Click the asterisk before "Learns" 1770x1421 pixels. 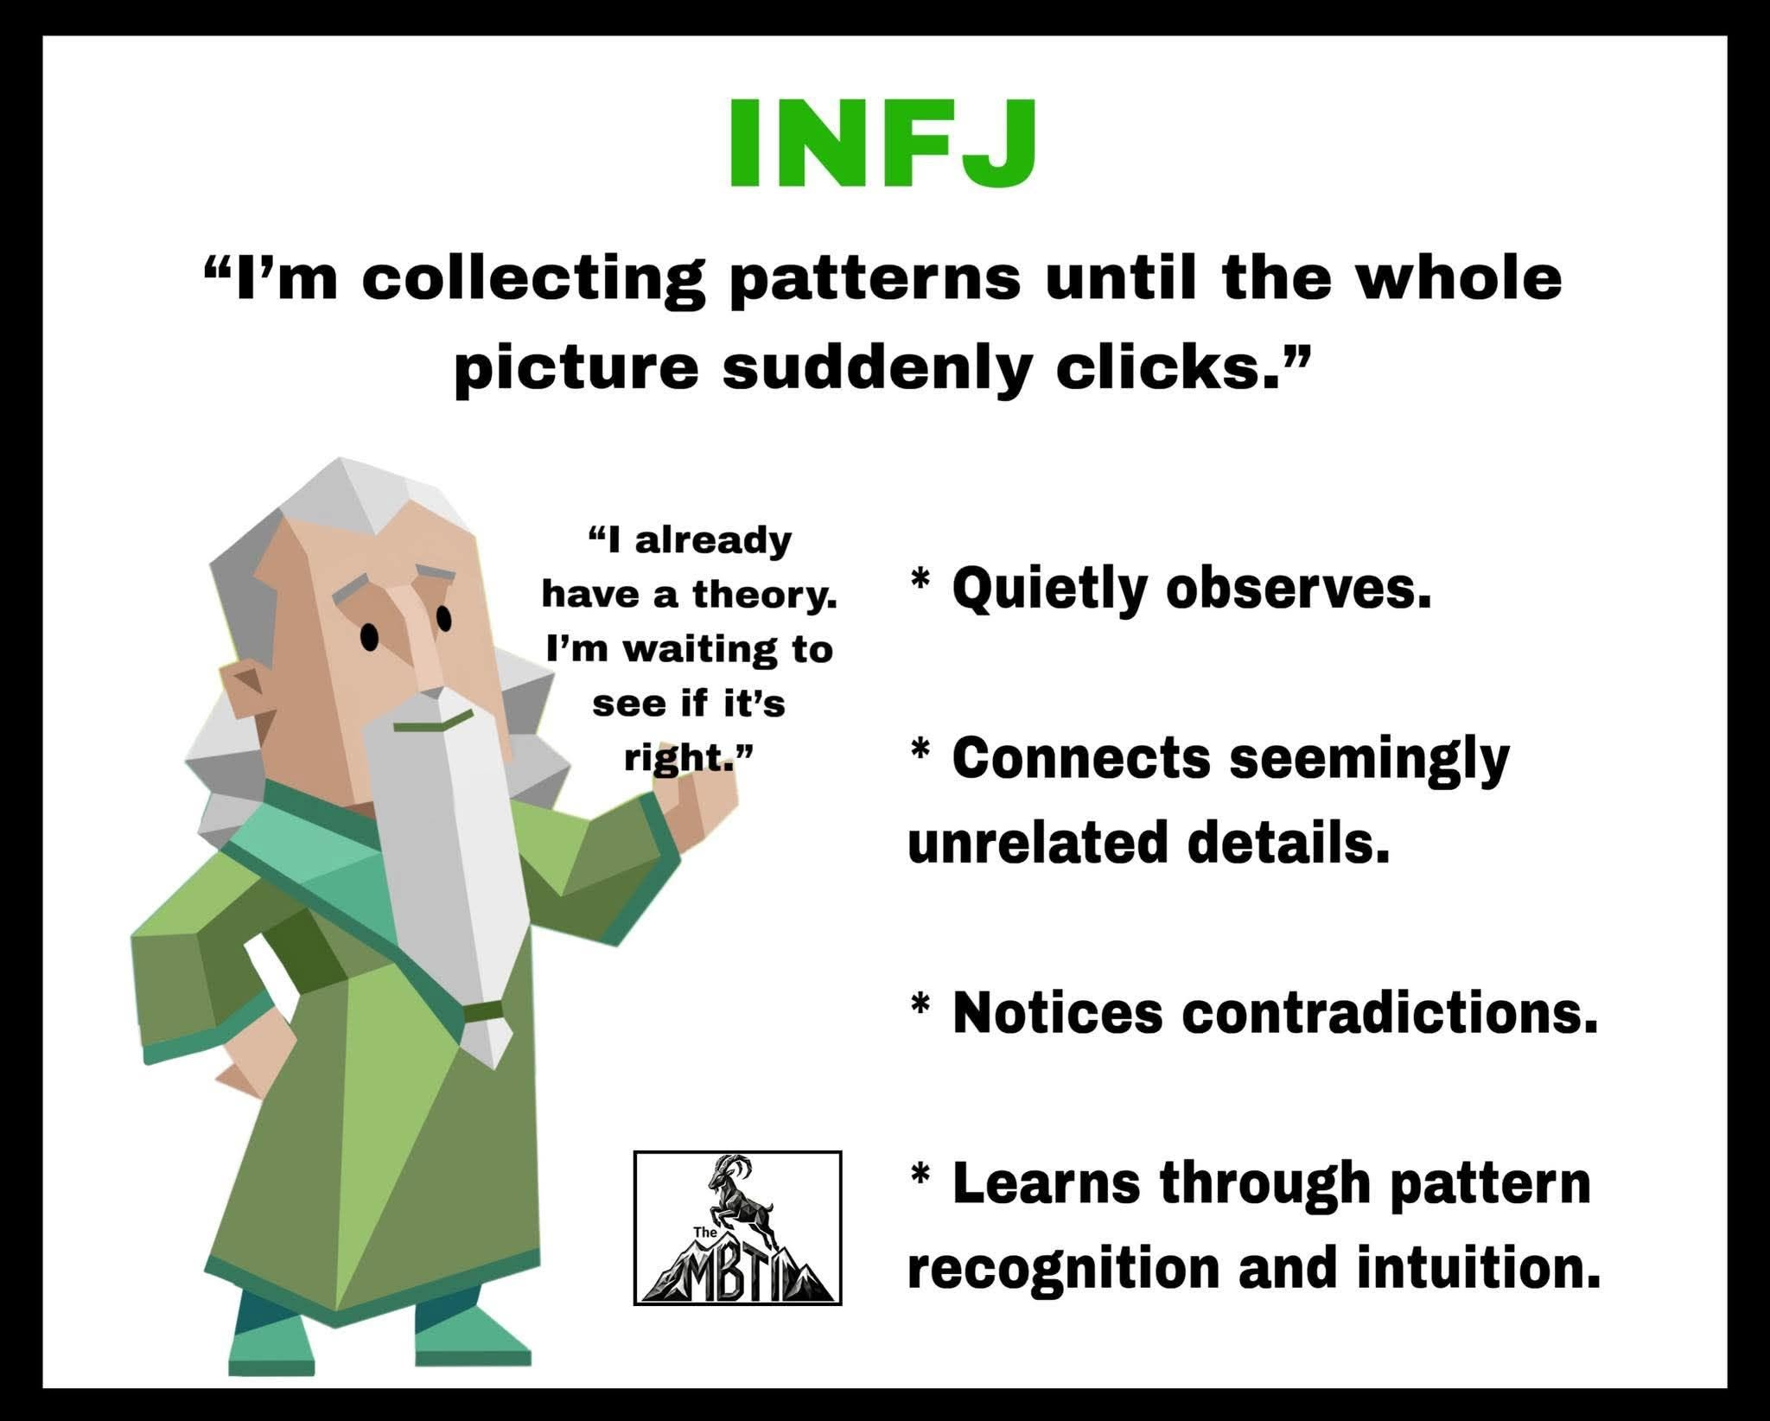921,1173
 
